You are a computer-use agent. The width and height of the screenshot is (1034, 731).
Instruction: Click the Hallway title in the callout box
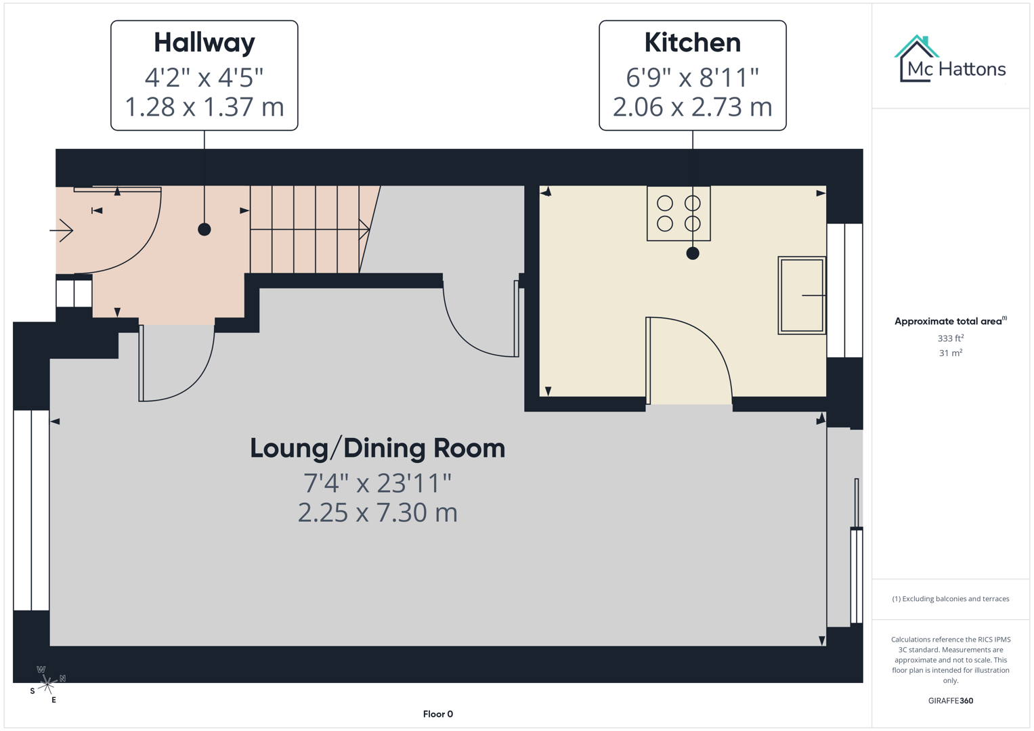point(204,43)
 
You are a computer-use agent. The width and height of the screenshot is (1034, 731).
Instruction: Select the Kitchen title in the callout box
point(692,43)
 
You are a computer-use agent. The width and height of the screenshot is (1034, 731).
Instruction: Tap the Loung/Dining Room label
point(377,448)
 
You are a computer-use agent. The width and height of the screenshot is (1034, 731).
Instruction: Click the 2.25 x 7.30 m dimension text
point(377,513)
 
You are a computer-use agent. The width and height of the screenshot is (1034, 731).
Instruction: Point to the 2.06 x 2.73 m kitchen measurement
point(692,107)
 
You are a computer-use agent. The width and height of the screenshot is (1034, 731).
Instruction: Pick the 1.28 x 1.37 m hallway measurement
point(204,107)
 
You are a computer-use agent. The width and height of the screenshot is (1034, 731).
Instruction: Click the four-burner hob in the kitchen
point(678,213)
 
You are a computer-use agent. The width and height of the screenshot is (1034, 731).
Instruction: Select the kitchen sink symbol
point(802,295)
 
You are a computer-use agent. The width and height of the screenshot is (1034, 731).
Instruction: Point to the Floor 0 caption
point(437,714)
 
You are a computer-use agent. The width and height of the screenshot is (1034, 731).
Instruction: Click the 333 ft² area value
point(950,338)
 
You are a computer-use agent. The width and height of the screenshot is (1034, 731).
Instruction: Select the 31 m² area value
point(950,353)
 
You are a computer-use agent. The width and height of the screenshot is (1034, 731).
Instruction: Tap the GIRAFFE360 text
point(950,701)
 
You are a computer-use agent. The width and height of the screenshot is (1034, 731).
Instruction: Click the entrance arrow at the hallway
point(62,231)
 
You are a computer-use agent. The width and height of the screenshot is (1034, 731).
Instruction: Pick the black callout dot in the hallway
point(204,229)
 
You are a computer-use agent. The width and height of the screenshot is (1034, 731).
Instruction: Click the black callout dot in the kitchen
point(692,253)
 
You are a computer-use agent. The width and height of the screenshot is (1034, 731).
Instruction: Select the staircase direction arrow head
point(364,229)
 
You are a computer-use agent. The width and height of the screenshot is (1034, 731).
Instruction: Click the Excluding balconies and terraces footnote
point(950,599)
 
